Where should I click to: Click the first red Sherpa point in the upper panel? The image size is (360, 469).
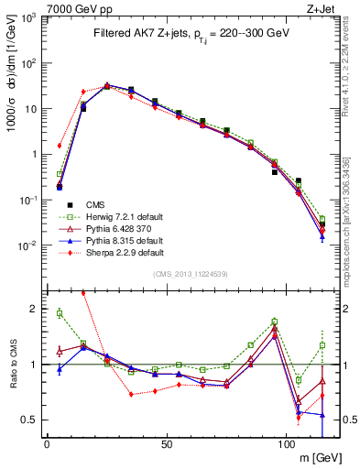[x=60, y=145]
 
